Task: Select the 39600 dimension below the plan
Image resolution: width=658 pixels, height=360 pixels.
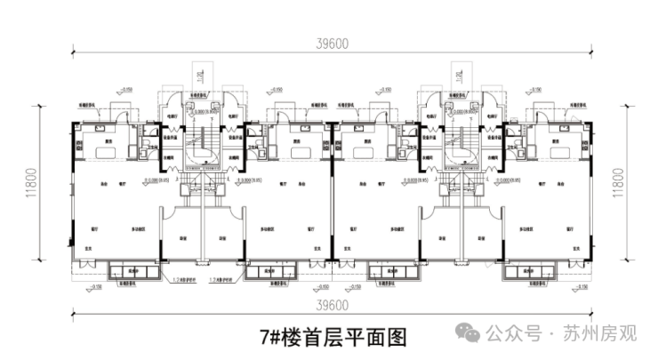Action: [330, 305]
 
